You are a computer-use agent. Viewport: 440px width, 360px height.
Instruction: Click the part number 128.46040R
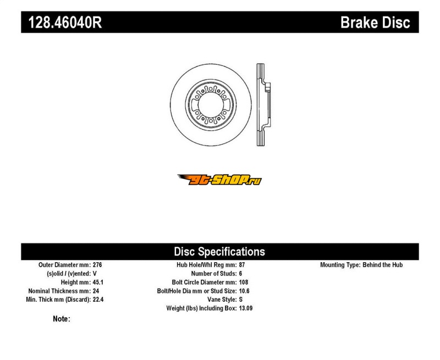click(65, 23)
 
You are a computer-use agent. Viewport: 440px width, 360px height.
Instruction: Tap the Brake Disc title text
click(375, 23)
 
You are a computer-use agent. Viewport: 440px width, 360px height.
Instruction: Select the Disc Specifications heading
click(219, 252)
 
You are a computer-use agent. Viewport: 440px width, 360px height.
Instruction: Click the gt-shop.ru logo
click(219, 179)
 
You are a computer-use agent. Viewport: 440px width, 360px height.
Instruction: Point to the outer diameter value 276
click(97, 265)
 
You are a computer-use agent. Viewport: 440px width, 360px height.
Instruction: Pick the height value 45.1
click(98, 283)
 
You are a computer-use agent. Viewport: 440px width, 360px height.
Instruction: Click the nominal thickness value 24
click(96, 291)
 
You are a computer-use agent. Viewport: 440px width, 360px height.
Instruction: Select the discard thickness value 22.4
click(98, 300)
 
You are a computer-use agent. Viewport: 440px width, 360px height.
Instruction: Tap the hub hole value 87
click(242, 265)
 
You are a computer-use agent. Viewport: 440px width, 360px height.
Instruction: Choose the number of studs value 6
click(240, 274)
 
